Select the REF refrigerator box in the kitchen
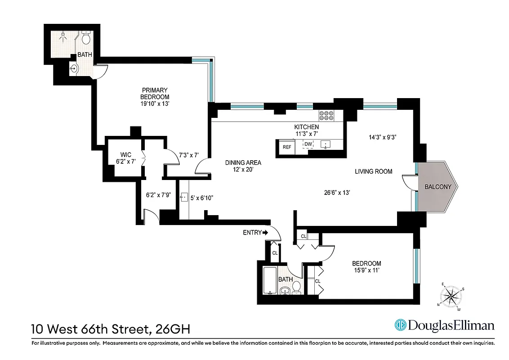click(x=286, y=147)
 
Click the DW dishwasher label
click(x=308, y=144)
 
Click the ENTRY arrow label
click(x=255, y=233)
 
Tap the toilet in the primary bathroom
click(x=86, y=39)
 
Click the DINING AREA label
click(x=243, y=163)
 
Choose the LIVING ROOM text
click(x=373, y=171)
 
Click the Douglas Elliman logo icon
click(x=401, y=325)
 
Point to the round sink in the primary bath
click(x=75, y=69)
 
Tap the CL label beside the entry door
click(x=274, y=253)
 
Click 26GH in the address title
click(x=172, y=329)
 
